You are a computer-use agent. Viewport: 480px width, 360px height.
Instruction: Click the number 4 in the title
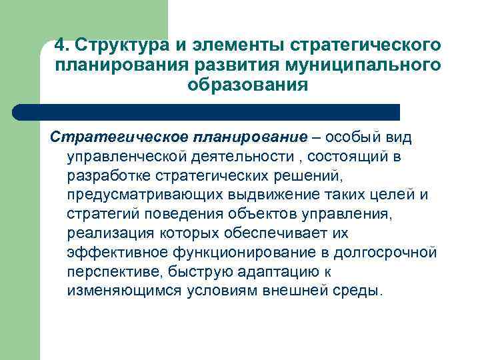[60, 45]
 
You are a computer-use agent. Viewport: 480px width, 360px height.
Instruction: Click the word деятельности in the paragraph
[236, 156]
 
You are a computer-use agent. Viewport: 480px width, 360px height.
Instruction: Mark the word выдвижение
[259, 195]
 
